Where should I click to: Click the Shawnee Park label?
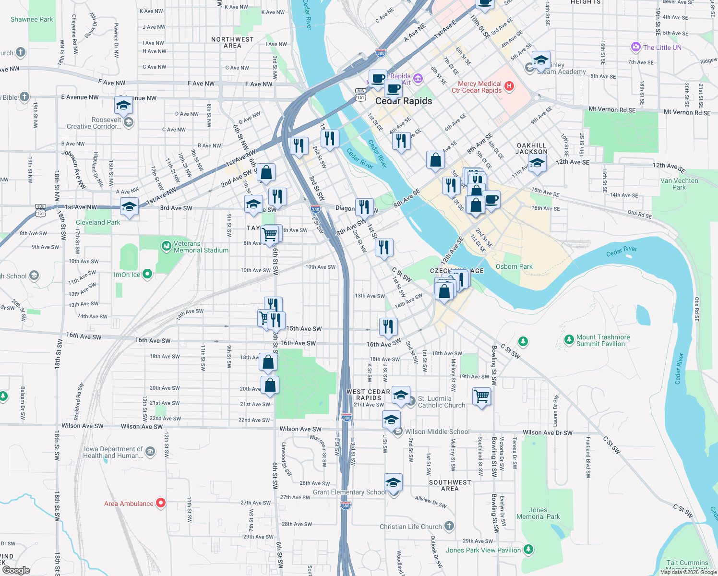(32, 20)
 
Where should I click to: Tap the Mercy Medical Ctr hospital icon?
(509, 86)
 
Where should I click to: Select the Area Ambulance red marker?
(161, 503)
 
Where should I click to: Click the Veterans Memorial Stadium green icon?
(166, 247)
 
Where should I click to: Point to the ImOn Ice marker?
(147, 274)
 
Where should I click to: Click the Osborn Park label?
(514, 266)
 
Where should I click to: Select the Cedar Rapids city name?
(404, 101)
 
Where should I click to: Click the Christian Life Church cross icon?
(449, 526)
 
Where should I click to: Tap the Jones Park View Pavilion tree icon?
(528, 550)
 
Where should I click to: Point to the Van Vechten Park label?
(679, 184)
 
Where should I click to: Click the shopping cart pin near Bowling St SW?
(481, 397)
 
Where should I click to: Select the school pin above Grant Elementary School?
(393, 482)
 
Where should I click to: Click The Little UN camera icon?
(636, 47)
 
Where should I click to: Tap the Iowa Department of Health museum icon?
(150, 452)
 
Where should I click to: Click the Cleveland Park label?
(98, 222)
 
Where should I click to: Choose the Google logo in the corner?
(16, 570)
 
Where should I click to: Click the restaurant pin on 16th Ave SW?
(388, 326)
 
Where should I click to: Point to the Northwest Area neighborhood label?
(232, 42)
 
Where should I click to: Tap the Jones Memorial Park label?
(538, 513)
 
